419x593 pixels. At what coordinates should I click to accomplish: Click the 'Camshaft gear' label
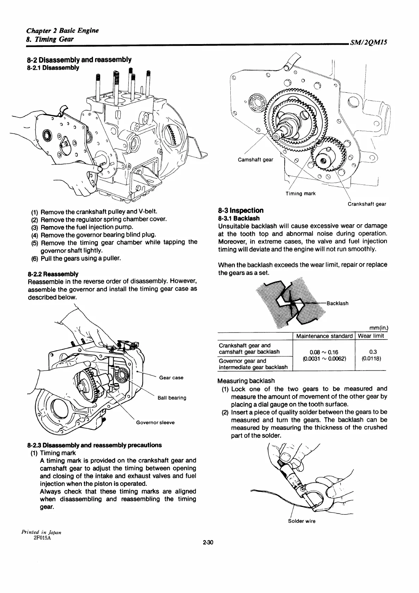coord(255,160)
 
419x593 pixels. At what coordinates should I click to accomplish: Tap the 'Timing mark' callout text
coord(300,194)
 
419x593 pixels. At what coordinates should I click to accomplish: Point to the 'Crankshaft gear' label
coord(367,204)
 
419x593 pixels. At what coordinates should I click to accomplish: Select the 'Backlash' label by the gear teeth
coord(338,303)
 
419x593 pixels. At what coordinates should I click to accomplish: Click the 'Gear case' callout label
coord(171,378)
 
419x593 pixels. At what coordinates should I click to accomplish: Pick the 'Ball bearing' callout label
coord(172,398)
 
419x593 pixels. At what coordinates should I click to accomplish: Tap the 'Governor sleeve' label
coord(155,422)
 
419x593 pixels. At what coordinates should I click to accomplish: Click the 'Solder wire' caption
coord(302,521)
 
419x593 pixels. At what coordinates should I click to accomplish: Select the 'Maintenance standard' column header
coord(324,336)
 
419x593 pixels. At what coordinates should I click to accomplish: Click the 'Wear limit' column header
coord(371,336)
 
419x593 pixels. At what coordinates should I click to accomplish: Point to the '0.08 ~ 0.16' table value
coord(323,352)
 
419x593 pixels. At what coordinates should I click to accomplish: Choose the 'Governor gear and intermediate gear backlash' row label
coord(253,364)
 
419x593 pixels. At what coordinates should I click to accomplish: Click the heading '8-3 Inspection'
coord(241,210)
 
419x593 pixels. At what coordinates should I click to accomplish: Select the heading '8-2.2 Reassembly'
coord(53,274)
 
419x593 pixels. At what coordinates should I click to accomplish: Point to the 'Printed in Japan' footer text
coord(41,532)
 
